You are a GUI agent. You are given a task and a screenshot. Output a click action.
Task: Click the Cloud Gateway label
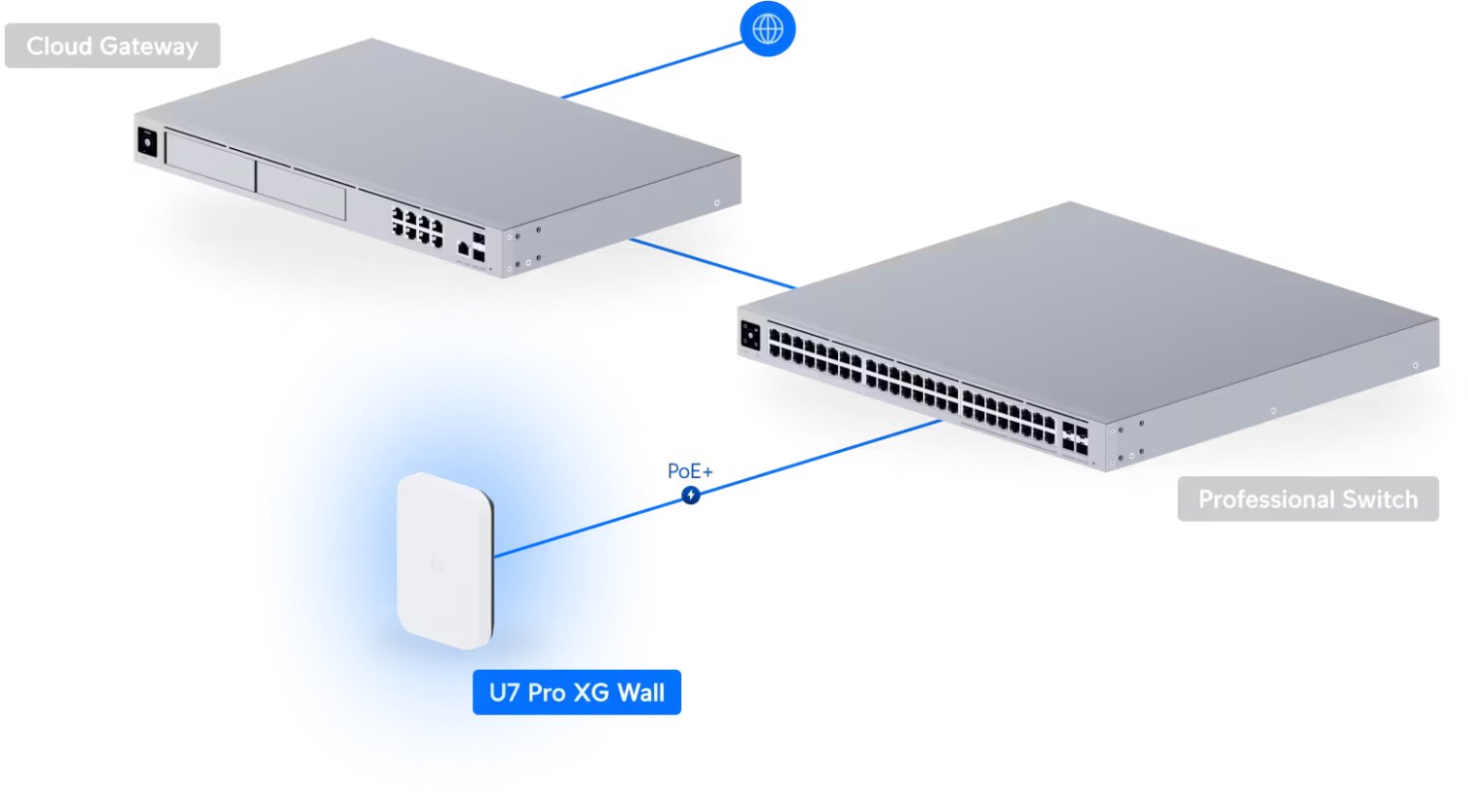pos(112,45)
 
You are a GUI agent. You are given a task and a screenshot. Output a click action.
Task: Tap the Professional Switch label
pos(1307,499)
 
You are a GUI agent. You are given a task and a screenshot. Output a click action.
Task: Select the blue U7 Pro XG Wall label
pos(577,692)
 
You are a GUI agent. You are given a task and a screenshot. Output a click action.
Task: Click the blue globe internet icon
pos(767,29)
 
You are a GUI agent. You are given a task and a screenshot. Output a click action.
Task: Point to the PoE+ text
pos(690,471)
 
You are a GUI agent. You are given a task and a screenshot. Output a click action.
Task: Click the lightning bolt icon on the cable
pos(691,495)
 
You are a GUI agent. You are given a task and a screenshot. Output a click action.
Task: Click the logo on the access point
pos(438,563)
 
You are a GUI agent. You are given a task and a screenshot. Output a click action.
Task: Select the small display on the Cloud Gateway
pos(147,142)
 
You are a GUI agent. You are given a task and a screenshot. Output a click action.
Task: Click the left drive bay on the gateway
pos(210,161)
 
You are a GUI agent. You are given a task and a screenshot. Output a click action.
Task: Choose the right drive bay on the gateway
pos(300,189)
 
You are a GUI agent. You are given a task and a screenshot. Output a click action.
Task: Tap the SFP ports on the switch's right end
pos(1074,436)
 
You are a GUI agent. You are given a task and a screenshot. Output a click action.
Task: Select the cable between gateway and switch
pos(711,263)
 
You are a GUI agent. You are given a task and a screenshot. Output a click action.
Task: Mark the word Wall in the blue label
pos(641,693)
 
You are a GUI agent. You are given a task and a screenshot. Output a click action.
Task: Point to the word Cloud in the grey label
pos(59,45)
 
